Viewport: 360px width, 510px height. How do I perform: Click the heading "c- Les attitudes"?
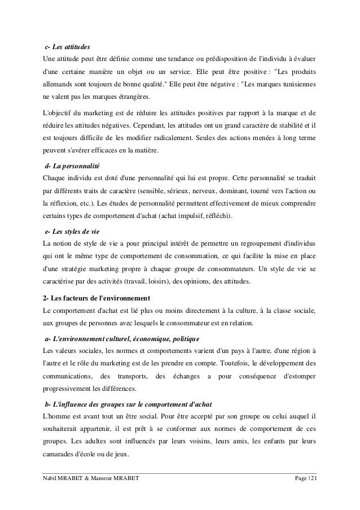click(67, 46)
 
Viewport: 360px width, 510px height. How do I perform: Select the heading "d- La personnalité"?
click(72, 168)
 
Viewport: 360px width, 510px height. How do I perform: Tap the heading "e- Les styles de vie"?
click(73, 231)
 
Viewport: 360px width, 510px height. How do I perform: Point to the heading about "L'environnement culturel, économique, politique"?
click(122, 338)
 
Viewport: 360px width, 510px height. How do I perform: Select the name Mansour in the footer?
click(100, 480)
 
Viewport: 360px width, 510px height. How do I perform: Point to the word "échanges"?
click(188, 376)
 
